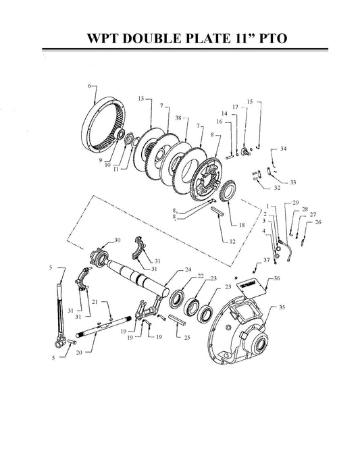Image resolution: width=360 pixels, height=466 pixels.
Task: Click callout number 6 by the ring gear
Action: click(89, 86)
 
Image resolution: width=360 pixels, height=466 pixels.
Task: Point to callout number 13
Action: click(141, 99)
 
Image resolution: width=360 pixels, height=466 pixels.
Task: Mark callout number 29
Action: click(295, 203)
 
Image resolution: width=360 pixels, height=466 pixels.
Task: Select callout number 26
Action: click(318, 222)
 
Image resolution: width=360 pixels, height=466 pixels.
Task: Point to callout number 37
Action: click(267, 260)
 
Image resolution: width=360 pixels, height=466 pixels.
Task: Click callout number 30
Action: click(117, 240)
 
